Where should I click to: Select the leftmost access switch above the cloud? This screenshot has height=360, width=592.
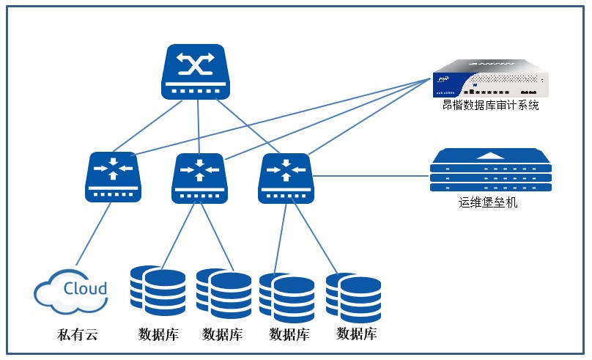click(x=113, y=177)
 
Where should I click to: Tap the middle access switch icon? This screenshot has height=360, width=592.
click(x=198, y=178)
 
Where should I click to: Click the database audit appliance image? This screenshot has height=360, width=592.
click(x=489, y=78)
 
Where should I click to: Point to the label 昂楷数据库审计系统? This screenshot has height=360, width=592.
click(x=490, y=106)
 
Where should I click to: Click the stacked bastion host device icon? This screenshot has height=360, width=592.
click(x=491, y=171)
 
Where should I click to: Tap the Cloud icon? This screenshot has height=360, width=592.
click(x=71, y=290)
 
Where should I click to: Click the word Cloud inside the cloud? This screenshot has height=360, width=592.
click(x=85, y=288)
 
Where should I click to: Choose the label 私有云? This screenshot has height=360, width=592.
click(x=77, y=336)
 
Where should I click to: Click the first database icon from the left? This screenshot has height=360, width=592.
click(x=158, y=291)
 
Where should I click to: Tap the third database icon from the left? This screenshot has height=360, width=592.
click(x=286, y=298)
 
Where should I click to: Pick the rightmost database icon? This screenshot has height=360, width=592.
click(x=353, y=298)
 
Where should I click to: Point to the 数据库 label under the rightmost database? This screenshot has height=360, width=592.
click(x=357, y=334)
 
